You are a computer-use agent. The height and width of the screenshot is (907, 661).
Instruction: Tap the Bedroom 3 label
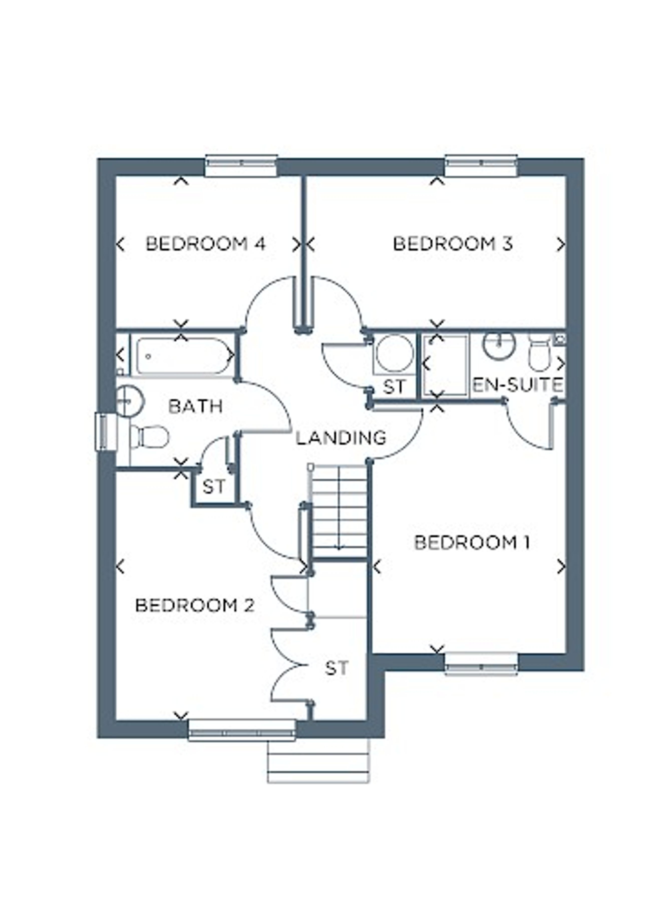(453, 244)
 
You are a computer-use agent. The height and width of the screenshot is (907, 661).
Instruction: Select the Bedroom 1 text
(472, 543)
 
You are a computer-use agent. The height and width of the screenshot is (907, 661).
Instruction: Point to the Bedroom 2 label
(195, 606)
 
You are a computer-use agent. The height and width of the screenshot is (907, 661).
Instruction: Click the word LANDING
(341, 437)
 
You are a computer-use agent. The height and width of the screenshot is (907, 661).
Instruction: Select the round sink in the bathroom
(129, 400)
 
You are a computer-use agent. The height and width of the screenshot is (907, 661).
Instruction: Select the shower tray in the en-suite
(445, 365)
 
